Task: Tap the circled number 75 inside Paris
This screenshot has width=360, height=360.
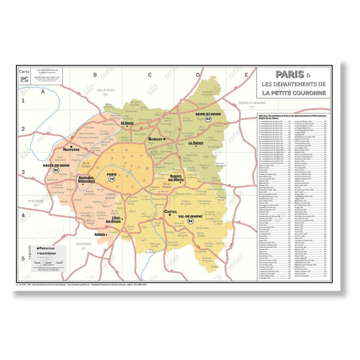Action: tap(112, 179)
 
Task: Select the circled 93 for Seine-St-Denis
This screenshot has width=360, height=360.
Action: tap(208, 119)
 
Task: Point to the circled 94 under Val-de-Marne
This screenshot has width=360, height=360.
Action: tap(190, 221)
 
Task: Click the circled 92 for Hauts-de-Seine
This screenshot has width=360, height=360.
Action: tap(56, 170)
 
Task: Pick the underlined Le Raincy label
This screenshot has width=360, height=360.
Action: tap(196, 143)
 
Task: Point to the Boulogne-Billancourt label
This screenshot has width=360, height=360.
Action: tap(86, 180)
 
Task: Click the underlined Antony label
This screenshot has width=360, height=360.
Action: tap(100, 234)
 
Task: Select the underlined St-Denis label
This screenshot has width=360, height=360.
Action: tap(127, 123)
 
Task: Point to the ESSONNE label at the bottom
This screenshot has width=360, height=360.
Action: tap(84, 244)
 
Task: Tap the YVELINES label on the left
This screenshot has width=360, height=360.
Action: tap(35, 201)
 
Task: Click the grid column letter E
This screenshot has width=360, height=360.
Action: tap(246, 75)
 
